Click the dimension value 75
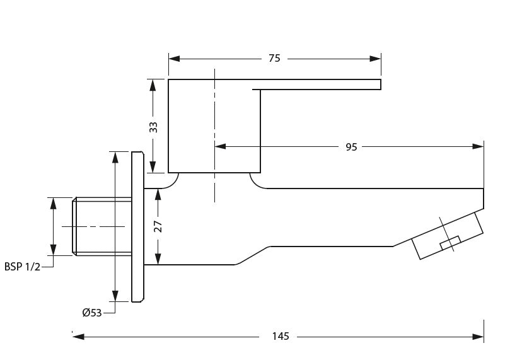click(274, 59)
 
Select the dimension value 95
click(351, 147)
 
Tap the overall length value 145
click(281, 337)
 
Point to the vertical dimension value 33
click(153, 127)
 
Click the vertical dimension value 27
click(158, 226)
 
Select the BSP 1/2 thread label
click(22, 267)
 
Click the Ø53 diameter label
click(91, 313)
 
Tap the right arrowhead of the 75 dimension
click(376, 59)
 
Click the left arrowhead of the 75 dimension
click(175, 59)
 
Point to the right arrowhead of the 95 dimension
click(479, 146)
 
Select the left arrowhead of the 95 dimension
click(220, 146)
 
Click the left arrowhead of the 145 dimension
click(79, 337)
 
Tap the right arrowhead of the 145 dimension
click(479, 337)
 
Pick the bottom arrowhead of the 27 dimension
click(158, 259)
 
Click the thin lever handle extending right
click(318, 84)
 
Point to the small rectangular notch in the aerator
click(450, 243)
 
